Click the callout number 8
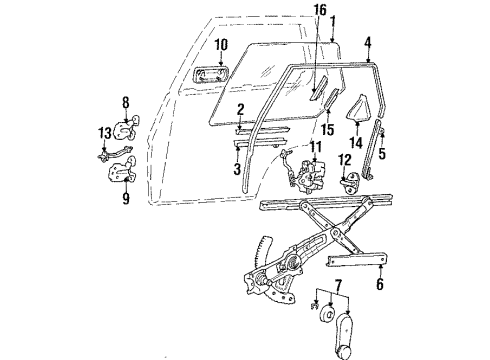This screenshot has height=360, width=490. click(126, 101)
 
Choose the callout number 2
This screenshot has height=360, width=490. click(241, 108)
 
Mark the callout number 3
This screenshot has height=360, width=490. click(236, 170)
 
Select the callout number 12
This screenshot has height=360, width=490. click(345, 160)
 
